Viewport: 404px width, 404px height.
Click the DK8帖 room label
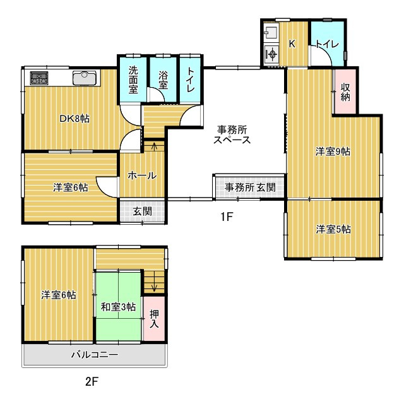pyautogui.click(x=74, y=119)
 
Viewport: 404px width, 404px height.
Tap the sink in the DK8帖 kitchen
pyautogui.click(x=85, y=78)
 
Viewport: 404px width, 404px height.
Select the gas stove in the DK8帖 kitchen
pyautogui.click(x=39, y=78)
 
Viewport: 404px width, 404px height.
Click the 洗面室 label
pyautogui.click(x=133, y=80)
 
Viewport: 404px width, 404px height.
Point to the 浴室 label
pyautogui.click(x=163, y=80)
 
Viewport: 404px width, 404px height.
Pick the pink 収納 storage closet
pyautogui.click(x=345, y=91)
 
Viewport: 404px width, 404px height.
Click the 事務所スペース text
pyautogui.click(x=232, y=134)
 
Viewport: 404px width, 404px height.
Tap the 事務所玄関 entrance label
pyautogui.click(x=250, y=187)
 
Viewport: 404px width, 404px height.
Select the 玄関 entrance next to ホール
pyautogui.click(x=142, y=211)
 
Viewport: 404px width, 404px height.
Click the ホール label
pyautogui.click(x=142, y=175)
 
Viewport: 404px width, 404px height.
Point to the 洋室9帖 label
pyautogui.click(x=333, y=151)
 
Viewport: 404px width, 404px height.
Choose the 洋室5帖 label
pyautogui.click(x=333, y=229)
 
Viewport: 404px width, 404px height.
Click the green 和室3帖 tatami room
pyautogui.click(x=118, y=306)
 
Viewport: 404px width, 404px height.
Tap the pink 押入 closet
pyautogui.click(x=154, y=318)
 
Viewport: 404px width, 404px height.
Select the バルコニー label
pyautogui.click(x=95, y=355)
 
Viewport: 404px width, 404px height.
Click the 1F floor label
pyautogui.click(x=227, y=217)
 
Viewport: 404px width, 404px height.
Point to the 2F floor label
pyautogui.click(x=92, y=381)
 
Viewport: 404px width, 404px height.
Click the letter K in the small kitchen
pyautogui.click(x=292, y=44)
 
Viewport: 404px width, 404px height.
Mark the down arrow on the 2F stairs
pyautogui.click(x=154, y=282)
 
